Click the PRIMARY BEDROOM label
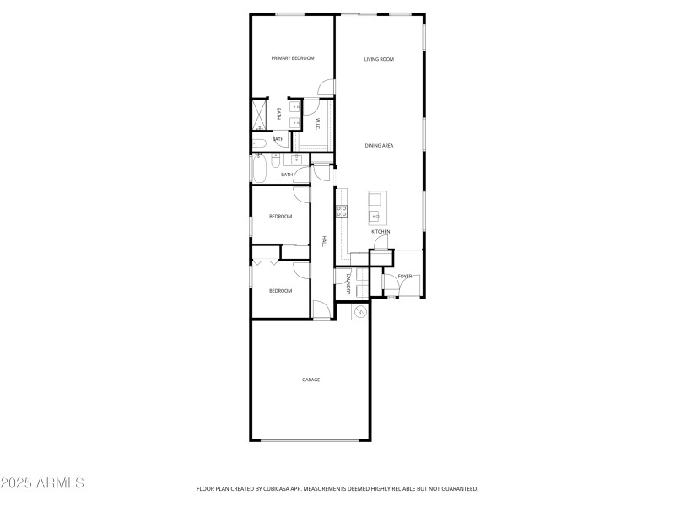click(292, 58)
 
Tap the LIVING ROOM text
click(379, 59)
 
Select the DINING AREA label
click(379, 146)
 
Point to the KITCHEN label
click(381, 231)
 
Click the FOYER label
click(405, 277)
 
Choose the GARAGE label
click(310, 379)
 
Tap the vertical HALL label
click(323, 242)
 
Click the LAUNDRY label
click(347, 286)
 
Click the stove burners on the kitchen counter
click(343, 211)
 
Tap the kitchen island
click(375, 205)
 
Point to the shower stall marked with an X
click(258, 114)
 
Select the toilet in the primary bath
click(260, 143)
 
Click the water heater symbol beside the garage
click(360, 311)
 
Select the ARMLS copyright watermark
click(42, 483)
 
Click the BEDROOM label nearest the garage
click(280, 291)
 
